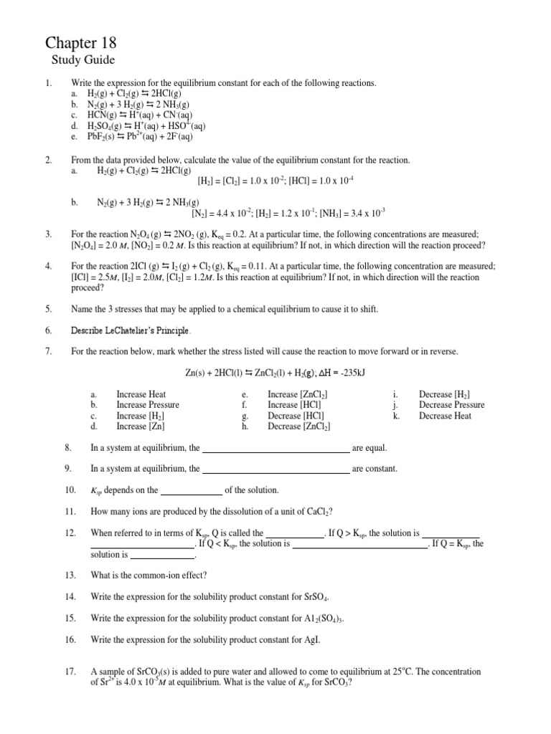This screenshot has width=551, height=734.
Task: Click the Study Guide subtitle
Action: [83, 60]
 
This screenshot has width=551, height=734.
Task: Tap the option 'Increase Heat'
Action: [141, 394]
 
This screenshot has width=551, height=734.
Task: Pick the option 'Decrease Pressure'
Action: [451, 405]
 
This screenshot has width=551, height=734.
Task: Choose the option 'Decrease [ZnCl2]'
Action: [298, 426]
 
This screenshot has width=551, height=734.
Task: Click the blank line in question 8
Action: [276, 449]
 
